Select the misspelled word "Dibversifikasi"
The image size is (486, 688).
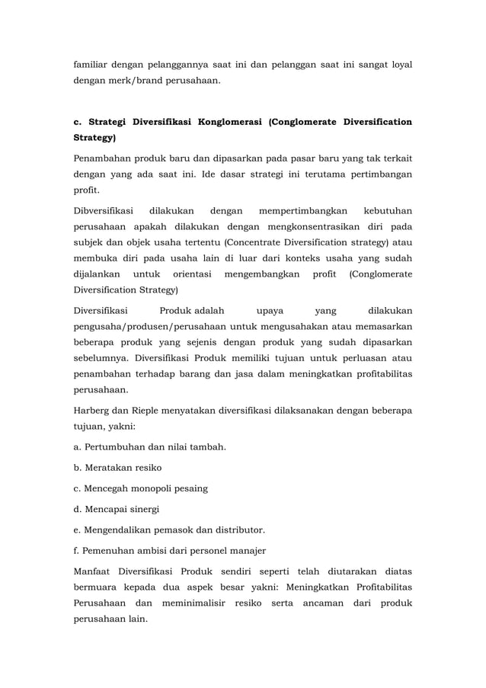coord(103,210)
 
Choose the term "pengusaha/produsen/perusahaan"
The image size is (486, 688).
coord(155,327)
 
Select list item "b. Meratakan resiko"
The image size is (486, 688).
coord(117,467)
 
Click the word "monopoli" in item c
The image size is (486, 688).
coord(149,488)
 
